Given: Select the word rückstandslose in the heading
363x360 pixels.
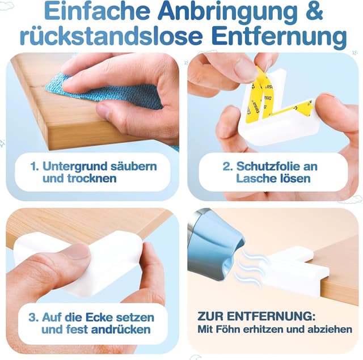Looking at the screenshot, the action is (111, 36).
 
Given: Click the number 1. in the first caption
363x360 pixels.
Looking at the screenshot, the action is (35, 166).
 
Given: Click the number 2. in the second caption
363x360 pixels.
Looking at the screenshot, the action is (227, 166).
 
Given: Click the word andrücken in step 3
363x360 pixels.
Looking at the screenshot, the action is (121, 329).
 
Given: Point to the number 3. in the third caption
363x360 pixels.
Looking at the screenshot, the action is (33, 317).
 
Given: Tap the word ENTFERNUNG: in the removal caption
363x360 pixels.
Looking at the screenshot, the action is (271, 316).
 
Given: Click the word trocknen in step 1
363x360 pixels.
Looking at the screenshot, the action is (79, 179).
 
